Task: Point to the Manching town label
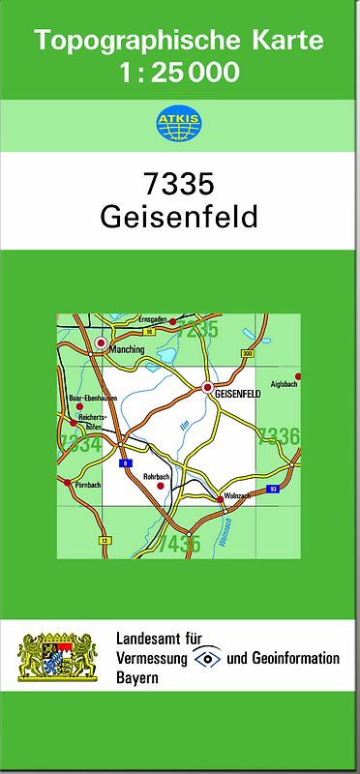pyautogui.click(x=127, y=349)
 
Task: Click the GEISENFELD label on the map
pyautogui.click(x=236, y=396)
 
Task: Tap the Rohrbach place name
pyautogui.click(x=157, y=475)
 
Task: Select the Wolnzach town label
pyautogui.click(x=236, y=496)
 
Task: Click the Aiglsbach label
pyautogui.click(x=285, y=384)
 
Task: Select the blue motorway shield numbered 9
pyautogui.click(x=124, y=464)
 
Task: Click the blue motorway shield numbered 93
pyautogui.click(x=274, y=490)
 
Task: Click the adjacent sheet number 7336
pyautogui.click(x=278, y=436)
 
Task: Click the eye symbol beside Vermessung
pyautogui.click(x=207, y=658)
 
